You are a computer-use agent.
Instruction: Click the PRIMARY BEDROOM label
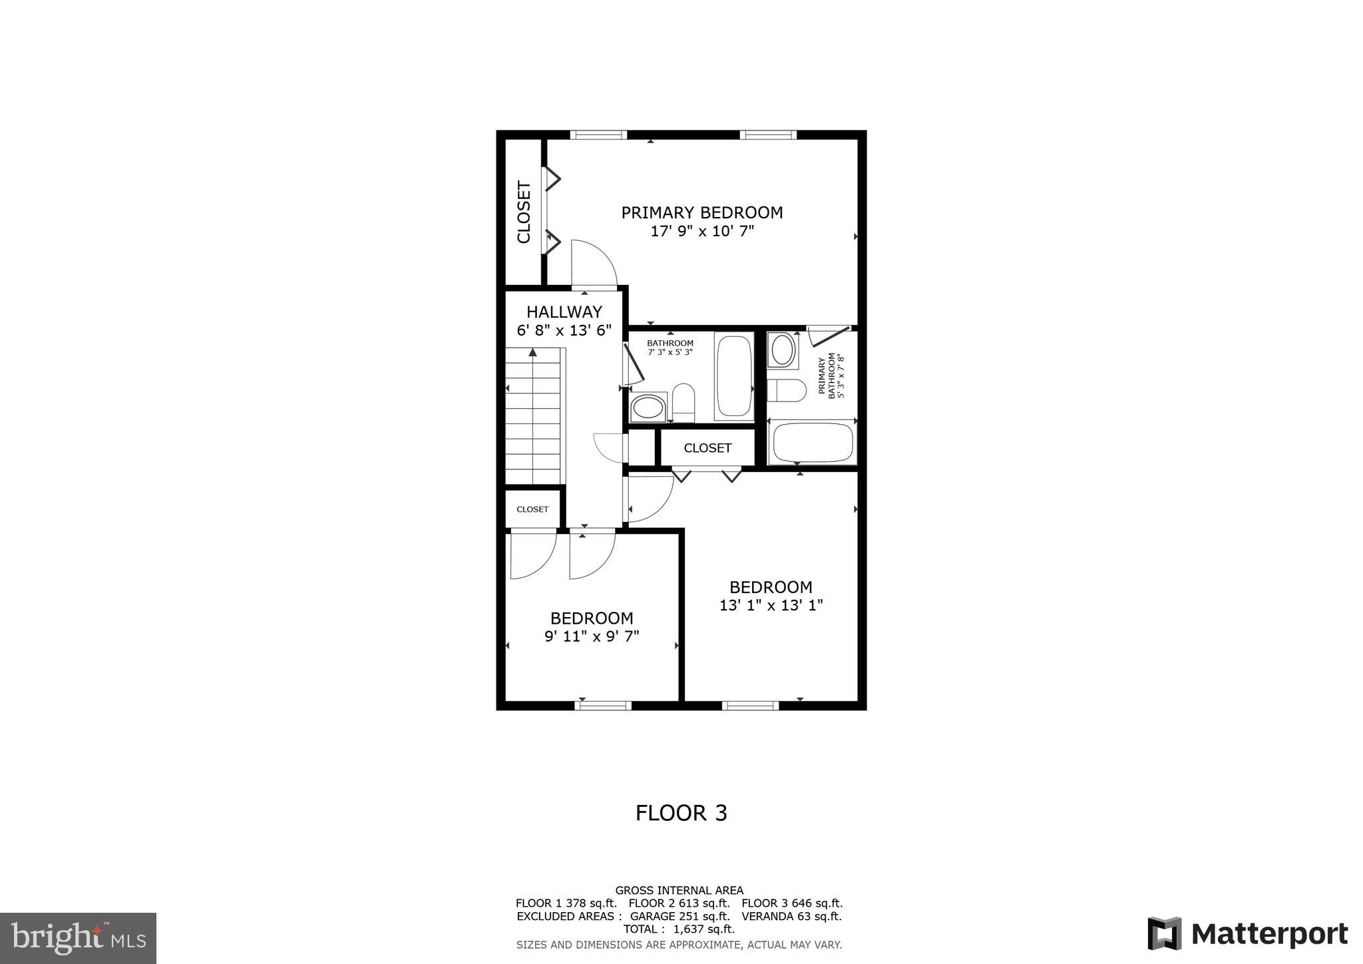coord(701,212)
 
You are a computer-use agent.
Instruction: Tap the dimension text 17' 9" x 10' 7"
coord(701,232)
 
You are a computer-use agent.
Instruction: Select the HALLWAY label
coord(564,312)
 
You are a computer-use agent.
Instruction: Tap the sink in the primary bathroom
coord(782,350)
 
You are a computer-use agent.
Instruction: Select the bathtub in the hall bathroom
coord(733,376)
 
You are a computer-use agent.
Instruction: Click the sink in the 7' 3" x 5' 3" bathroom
coord(648,407)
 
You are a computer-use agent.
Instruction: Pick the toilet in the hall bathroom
coord(683,401)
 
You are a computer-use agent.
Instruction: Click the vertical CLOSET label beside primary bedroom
coord(524,212)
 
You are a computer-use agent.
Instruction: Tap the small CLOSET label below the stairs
coord(532,509)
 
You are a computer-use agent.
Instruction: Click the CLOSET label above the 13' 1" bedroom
coord(707,448)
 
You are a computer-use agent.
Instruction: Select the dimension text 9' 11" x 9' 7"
coord(592,636)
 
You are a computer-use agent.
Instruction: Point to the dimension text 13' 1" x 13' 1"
coord(771,606)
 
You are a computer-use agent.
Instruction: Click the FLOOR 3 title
coord(681,813)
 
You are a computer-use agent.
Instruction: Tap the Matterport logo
coord(1247,933)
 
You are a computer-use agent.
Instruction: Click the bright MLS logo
coord(78,938)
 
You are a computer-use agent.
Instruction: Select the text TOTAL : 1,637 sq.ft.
coord(679,929)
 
